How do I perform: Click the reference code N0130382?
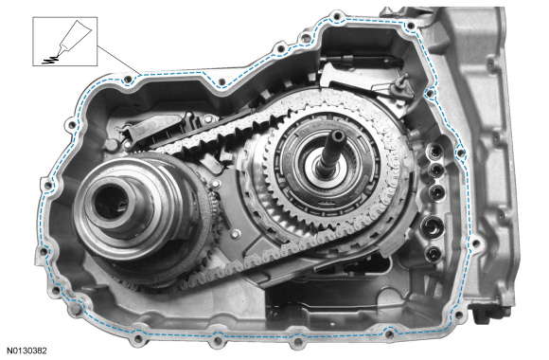point(27,351)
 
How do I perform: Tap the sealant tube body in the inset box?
point(76,34)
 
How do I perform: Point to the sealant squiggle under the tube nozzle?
point(48,60)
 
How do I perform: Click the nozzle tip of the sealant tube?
point(58,54)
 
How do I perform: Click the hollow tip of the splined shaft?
point(339,135)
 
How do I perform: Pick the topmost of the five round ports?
point(434,151)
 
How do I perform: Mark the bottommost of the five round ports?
point(434,253)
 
